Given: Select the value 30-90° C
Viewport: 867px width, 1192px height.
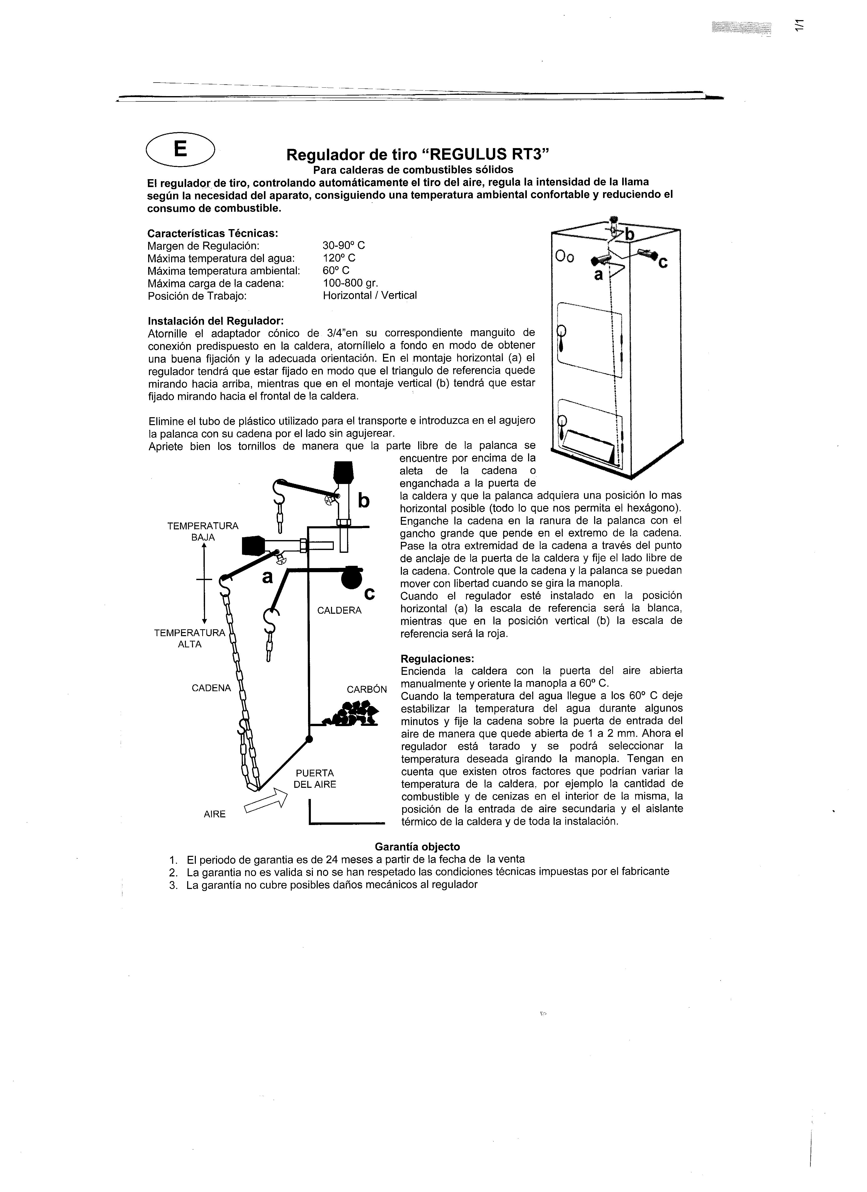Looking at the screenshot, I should (343, 245).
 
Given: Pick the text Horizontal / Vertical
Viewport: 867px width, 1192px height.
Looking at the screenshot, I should (369, 295).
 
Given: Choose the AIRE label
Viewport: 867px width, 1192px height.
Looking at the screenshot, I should (214, 814).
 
